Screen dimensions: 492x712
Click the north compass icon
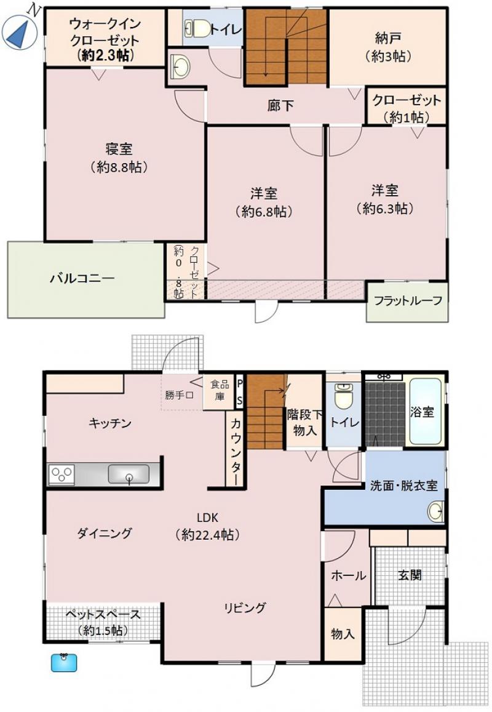[x=20, y=30]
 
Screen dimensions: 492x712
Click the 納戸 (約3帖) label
[x=388, y=47]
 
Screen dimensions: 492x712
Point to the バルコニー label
[x=82, y=278]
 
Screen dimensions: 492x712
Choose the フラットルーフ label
[x=408, y=300]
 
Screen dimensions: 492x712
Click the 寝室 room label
[x=119, y=148]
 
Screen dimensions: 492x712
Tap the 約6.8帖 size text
[x=264, y=212]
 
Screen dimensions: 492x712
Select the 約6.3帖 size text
[x=386, y=209]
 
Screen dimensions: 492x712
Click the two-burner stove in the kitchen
[x=61, y=474]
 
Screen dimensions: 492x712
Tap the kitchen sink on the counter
[x=129, y=474]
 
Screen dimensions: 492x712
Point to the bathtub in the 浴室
[x=426, y=412]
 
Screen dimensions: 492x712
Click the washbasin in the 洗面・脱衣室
[x=435, y=511]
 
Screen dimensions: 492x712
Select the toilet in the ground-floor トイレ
[x=343, y=396]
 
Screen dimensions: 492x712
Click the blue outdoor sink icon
[x=64, y=662]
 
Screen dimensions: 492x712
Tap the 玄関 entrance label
[x=410, y=575]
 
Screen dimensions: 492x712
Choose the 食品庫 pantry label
[x=220, y=390]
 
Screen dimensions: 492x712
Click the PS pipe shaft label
[x=240, y=393]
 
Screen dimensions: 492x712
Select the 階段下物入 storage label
[x=304, y=422]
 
